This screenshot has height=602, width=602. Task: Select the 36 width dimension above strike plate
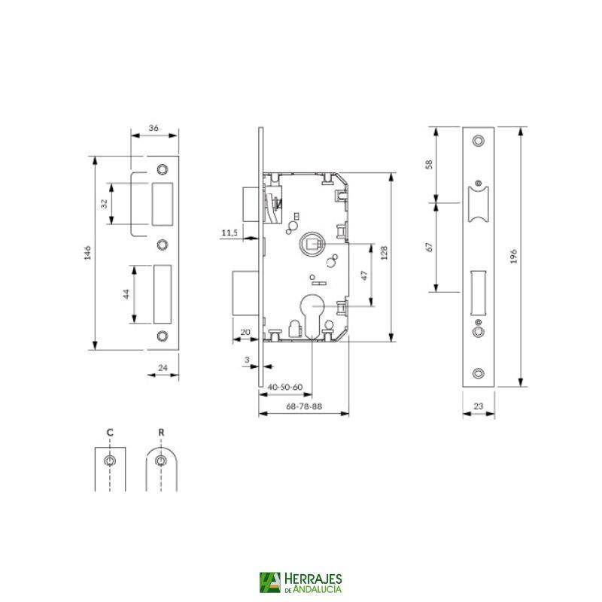click(154, 129)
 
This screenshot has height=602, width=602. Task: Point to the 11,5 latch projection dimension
click(230, 234)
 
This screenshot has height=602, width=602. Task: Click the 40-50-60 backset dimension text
click(285, 388)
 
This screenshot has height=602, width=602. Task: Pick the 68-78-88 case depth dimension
click(305, 406)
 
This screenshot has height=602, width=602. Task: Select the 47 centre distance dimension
click(364, 276)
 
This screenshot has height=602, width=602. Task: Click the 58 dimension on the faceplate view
click(430, 164)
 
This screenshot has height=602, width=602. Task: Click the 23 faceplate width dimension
click(479, 407)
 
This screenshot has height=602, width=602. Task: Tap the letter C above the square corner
click(110, 432)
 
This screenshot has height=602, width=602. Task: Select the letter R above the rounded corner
click(161, 432)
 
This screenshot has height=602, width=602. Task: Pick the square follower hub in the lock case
click(312, 244)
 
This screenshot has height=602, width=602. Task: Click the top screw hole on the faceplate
click(479, 141)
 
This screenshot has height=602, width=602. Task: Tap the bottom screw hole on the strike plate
click(162, 336)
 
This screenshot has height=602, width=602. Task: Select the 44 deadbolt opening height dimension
click(127, 293)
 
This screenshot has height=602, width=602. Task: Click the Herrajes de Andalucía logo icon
click(269, 582)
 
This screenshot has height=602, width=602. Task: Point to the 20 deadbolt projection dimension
click(245, 331)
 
